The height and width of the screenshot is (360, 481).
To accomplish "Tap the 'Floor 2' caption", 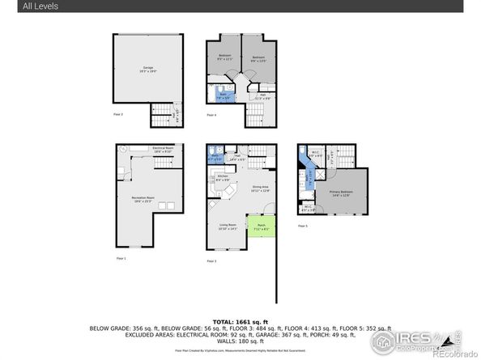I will coord(118,115).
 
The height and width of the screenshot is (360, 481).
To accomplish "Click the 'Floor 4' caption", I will coord(211,116).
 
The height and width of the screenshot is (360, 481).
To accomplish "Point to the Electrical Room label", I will coord(164,150).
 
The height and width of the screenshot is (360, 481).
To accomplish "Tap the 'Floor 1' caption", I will coord(121,257).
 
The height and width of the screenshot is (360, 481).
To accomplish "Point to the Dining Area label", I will coord(260,188).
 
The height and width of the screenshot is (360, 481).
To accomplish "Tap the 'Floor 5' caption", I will coord(302,226).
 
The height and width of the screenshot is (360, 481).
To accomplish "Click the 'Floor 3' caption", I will coord(211,261).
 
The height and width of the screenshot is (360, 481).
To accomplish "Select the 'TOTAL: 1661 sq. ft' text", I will coord(240,321).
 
